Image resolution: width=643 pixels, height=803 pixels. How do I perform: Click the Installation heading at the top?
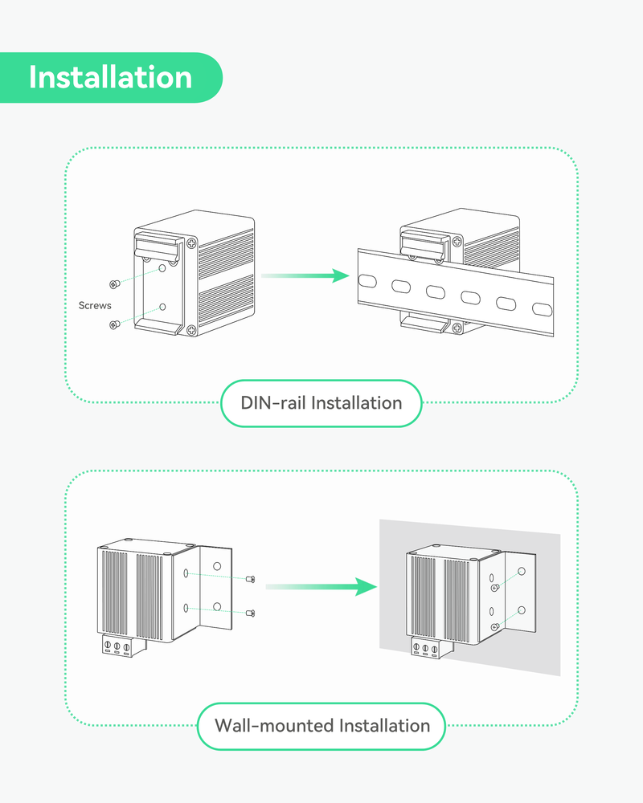coord(110,77)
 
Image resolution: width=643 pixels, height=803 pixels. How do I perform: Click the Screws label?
coord(95,306)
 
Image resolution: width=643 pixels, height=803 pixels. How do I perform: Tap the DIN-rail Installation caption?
coord(321,402)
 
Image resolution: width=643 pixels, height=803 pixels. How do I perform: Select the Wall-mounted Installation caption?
coord(321,726)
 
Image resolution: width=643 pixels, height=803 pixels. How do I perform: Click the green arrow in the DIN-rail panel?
coord(305,275)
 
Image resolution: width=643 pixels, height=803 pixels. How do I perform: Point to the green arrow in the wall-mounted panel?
coord(321,587)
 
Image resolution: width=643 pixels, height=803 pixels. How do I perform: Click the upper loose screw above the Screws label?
coord(113,283)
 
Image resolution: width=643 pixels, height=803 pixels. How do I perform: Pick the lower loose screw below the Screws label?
coord(113,324)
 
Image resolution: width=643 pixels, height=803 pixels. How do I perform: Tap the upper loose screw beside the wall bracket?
coord(251,580)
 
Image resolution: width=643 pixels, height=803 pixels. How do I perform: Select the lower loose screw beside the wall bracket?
coord(251,613)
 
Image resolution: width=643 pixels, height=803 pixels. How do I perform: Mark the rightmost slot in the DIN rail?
coord(542,308)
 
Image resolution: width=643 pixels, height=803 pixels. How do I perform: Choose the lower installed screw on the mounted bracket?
coord(496,626)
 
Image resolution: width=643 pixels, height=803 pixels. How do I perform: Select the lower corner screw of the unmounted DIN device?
coord(190,330)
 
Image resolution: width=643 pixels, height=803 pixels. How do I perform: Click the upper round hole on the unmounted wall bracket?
coord(216,566)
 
